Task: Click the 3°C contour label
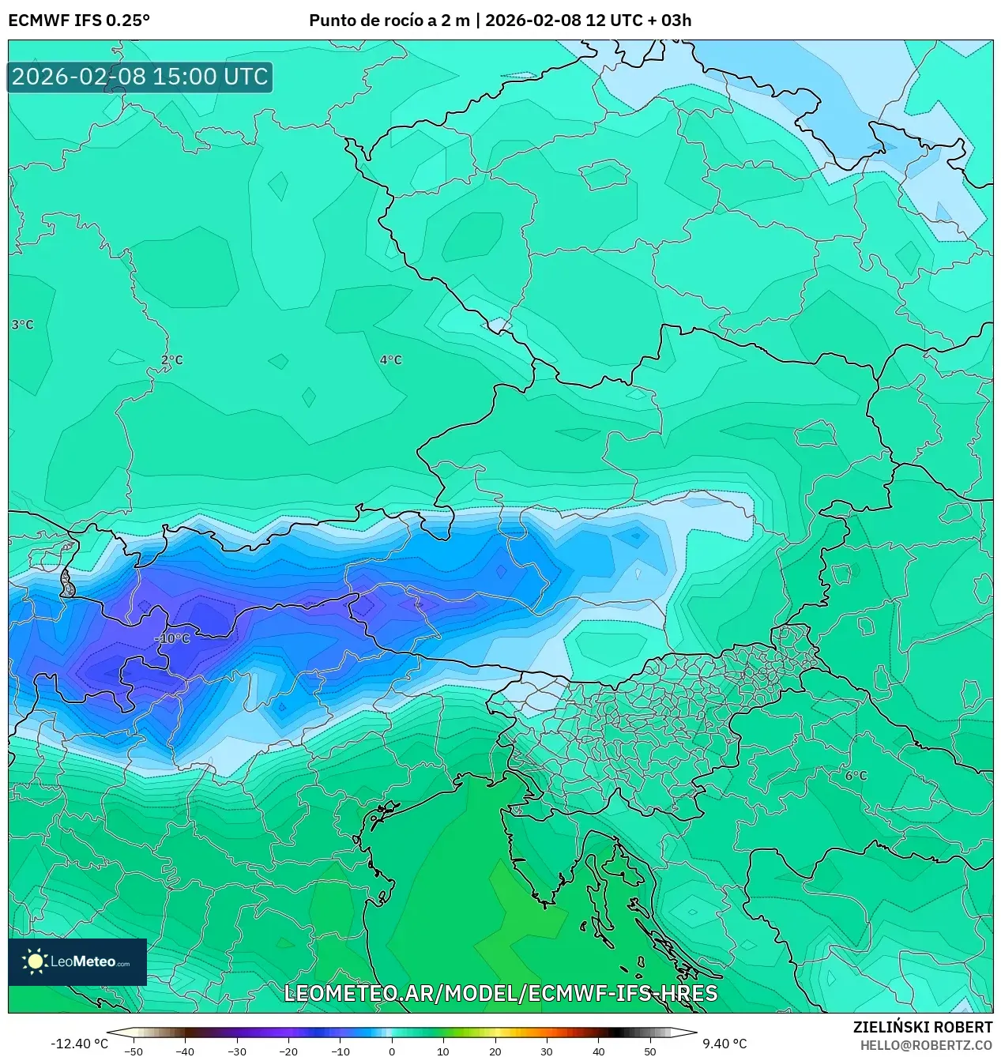[x=22, y=325]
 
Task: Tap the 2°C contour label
[x=171, y=360]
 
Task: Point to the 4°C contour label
[x=390, y=360]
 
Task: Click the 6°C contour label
[x=856, y=776]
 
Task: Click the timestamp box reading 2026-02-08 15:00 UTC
[x=140, y=77]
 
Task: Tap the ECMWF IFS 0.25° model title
[x=79, y=21]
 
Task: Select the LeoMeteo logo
[x=77, y=961]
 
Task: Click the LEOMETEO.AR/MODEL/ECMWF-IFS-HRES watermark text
[x=500, y=993]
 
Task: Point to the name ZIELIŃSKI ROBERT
[x=922, y=1027]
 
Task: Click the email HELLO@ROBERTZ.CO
[x=926, y=1045]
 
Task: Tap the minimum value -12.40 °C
[x=79, y=1044]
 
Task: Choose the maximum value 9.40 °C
[x=724, y=1044]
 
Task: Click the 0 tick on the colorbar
[x=392, y=1051]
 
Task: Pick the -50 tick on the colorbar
[x=134, y=1051]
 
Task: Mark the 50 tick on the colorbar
[x=650, y=1051]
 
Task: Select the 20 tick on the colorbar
[x=495, y=1051]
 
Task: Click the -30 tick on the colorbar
[x=237, y=1051]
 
